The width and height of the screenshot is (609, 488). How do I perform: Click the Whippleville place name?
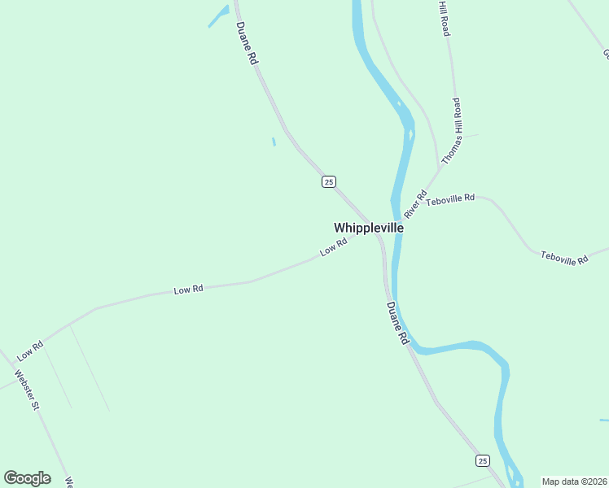(368, 229)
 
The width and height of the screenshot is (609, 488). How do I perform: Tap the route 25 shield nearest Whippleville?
(328, 181)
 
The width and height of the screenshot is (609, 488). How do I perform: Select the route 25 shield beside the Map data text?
(483, 460)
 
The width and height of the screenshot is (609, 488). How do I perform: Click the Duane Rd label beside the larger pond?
(247, 43)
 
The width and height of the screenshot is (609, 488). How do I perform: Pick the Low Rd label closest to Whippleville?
(334, 247)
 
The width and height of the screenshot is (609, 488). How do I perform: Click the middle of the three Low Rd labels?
(188, 290)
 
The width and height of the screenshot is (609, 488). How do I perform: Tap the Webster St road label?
(27, 390)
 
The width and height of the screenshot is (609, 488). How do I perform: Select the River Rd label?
(415, 204)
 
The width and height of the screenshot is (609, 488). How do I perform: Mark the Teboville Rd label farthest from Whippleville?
(564, 259)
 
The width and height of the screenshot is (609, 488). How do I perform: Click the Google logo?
(27, 478)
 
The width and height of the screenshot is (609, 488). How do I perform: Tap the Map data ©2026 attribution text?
(574, 481)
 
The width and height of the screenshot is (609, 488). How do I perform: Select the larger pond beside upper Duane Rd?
(218, 16)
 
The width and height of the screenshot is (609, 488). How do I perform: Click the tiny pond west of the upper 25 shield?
(274, 142)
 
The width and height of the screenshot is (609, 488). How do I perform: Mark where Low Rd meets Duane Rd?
(378, 235)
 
